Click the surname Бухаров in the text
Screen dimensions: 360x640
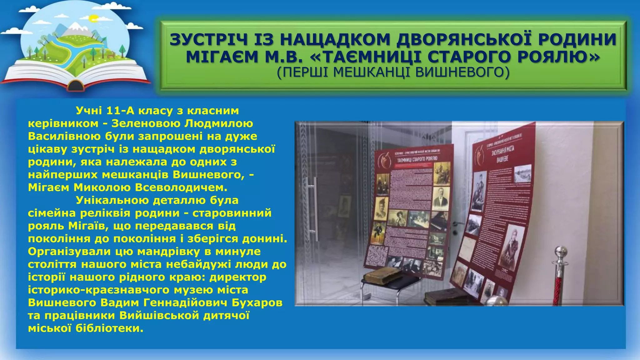tap(257, 302)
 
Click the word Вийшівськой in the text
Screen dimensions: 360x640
tap(159, 315)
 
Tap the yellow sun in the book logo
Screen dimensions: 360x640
tap(93, 19)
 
